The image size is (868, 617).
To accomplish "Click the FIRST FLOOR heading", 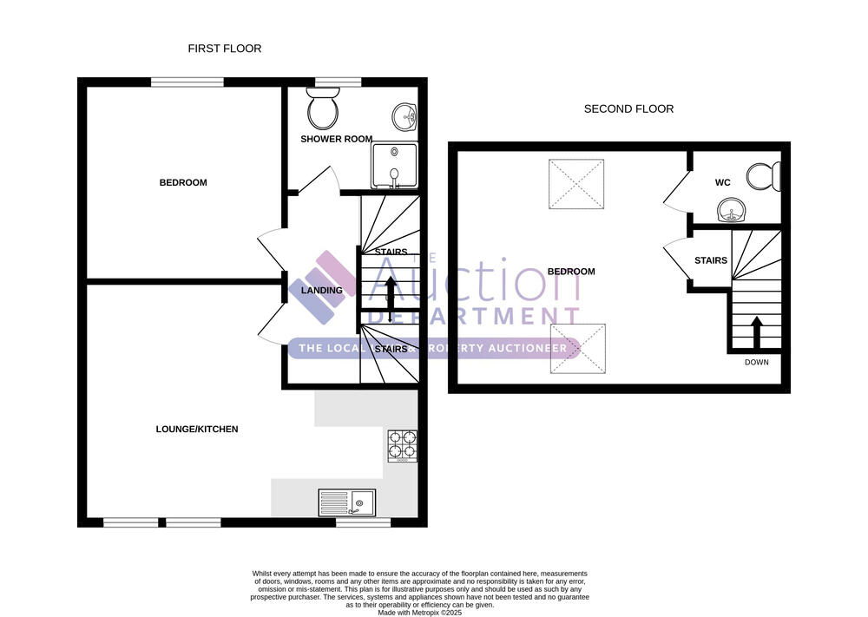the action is [x=224, y=49].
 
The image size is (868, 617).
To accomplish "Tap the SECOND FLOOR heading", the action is [x=628, y=109].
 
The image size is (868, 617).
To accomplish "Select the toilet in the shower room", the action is [x=323, y=108].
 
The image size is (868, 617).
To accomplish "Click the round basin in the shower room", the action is [x=404, y=117].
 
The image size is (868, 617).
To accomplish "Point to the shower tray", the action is [x=395, y=166].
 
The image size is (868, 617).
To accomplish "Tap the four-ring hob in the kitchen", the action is [x=403, y=446].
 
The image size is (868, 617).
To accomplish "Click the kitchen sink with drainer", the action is [x=347, y=502].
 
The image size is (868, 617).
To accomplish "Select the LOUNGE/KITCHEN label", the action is [x=197, y=429].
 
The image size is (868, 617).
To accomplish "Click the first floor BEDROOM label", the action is [x=183, y=182].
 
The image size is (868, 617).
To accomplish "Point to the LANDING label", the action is [x=322, y=291].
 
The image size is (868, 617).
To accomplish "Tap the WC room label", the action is [x=722, y=182].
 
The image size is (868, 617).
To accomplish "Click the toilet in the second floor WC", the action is [x=763, y=177].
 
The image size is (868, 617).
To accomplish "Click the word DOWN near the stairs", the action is [x=757, y=363].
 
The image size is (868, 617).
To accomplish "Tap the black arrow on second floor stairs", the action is [x=757, y=331].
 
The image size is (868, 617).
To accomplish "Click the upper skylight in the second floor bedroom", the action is [x=576, y=184].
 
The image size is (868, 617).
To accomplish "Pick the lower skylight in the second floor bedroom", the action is [x=577, y=349].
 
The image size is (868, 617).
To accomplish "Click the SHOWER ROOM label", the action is [x=337, y=139].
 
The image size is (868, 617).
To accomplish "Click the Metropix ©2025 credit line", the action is [x=419, y=613].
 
